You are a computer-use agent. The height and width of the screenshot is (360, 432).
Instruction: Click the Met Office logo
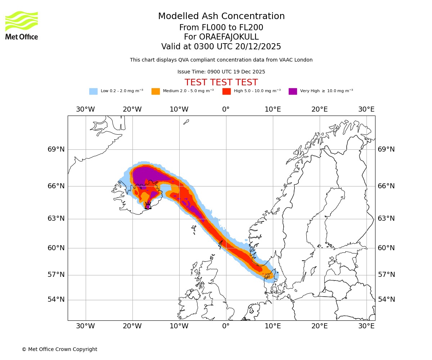[x=22, y=25]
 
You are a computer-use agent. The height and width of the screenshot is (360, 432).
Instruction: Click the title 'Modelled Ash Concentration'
[x=221, y=16]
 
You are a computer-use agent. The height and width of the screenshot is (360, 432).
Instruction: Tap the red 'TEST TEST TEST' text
[x=221, y=82]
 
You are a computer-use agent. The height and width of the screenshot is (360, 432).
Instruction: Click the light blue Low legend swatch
[x=93, y=91]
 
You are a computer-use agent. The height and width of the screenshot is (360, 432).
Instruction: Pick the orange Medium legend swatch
[x=156, y=91]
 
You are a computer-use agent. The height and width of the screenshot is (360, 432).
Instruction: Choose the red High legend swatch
[x=226, y=91]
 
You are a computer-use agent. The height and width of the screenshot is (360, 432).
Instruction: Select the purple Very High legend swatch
[x=293, y=91]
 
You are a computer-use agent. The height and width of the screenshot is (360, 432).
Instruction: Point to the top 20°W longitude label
[x=132, y=109]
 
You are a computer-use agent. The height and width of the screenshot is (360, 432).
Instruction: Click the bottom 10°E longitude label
[x=273, y=326]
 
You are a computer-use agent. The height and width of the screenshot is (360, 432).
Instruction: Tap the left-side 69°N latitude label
[x=56, y=149]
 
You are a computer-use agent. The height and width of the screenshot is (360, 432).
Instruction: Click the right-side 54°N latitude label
[x=386, y=300]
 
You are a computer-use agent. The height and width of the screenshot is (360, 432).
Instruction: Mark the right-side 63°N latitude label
[x=386, y=219]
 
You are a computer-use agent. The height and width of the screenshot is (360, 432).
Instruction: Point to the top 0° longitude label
[x=226, y=109]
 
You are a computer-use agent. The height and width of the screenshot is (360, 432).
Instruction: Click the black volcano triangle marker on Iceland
[x=148, y=206]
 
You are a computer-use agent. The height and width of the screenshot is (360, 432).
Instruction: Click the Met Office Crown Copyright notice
[x=59, y=349]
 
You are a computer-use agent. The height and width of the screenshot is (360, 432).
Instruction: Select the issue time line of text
[x=221, y=72]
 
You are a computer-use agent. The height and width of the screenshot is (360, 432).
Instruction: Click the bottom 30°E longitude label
[x=366, y=326]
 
